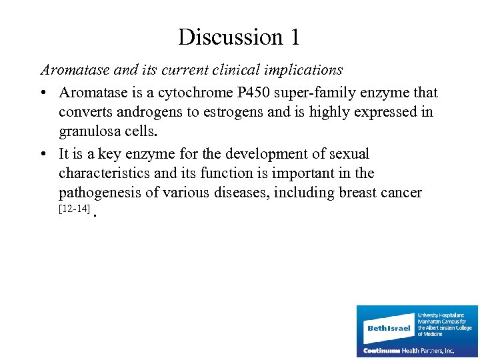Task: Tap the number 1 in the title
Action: (294, 37)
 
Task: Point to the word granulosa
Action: (89, 131)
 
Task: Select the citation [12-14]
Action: (74, 209)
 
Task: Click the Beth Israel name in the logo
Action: (389, 328)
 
